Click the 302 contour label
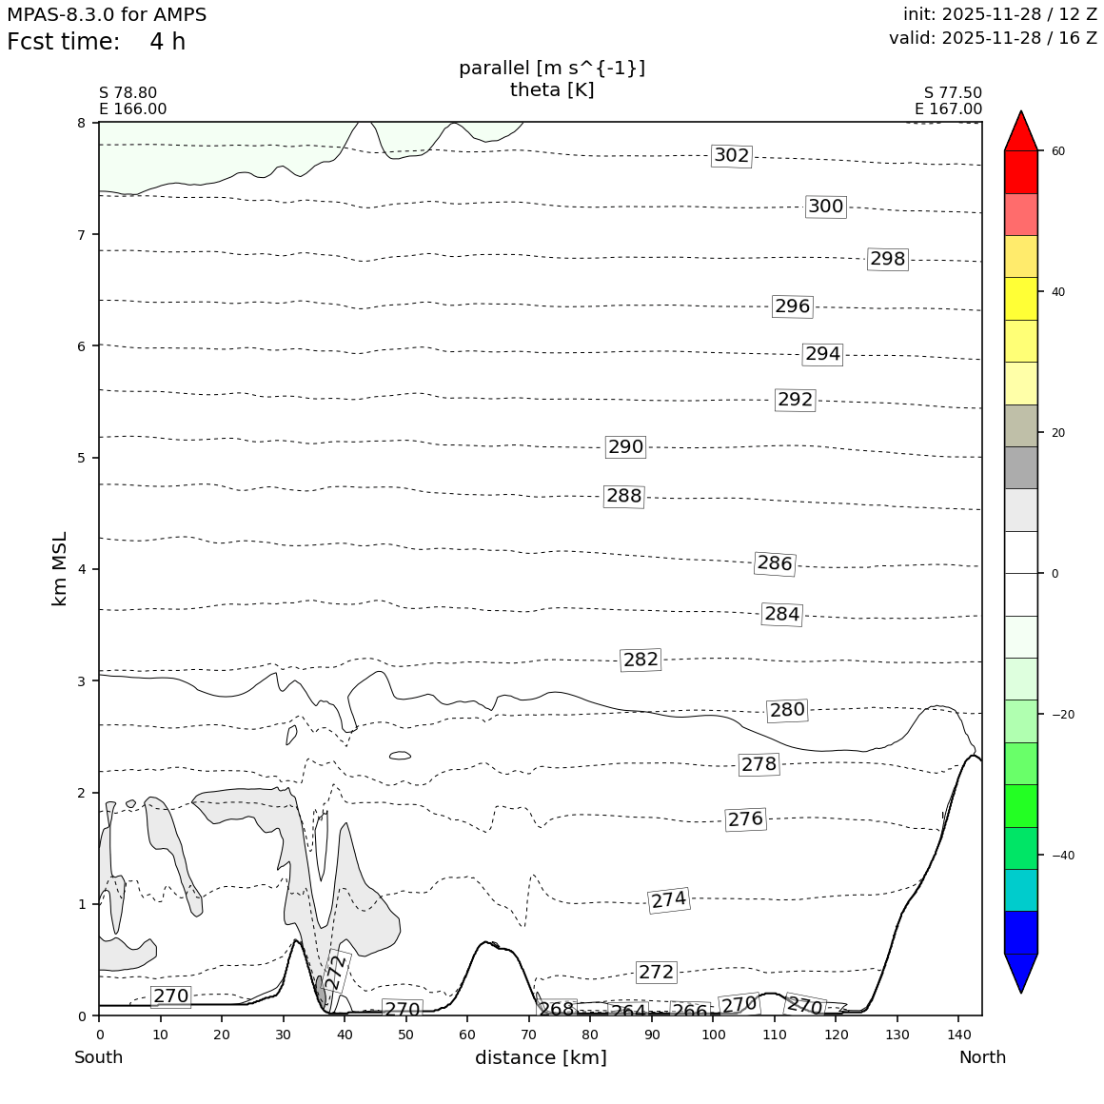pyautogui.click(x=731, y=156)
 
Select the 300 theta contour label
pyautogui.click(x=825, y=207)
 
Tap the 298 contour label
pyautogui.click(x=887, y=259)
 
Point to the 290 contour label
pyautogui.click(x=625, y=447)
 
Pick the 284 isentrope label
pyautogui.click(x=781, y=615)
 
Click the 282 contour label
pyautogui.click(x=641, y=660)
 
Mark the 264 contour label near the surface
pyautogui.click(x=628, y=1012)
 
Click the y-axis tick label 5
pyautogui.click(x=81, y=458)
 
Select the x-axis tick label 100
pyautogui.click(x=713, y=1035)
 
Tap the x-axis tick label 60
pyautogui.click(x=467, y=1035)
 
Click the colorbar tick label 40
pyautogui.click(x=1057, y=292)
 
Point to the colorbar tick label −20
pyautogui.click(x=1061, y=715)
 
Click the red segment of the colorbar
pyautogui.click(x=1020, y=171)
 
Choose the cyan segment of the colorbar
pyautogui.click(x=1020, y=890)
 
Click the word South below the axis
pyautogui.click(x=99, y=1057)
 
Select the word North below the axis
pyautogui.click(x=982, y=1057)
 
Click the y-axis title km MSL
pyautogui.click(x=60, y=568)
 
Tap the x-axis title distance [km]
pyautogui.click(x=541, y=1057)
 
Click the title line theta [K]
pyautogui.click(x=552, y=90)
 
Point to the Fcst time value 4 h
pyautogui.click(x=168, y=43)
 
